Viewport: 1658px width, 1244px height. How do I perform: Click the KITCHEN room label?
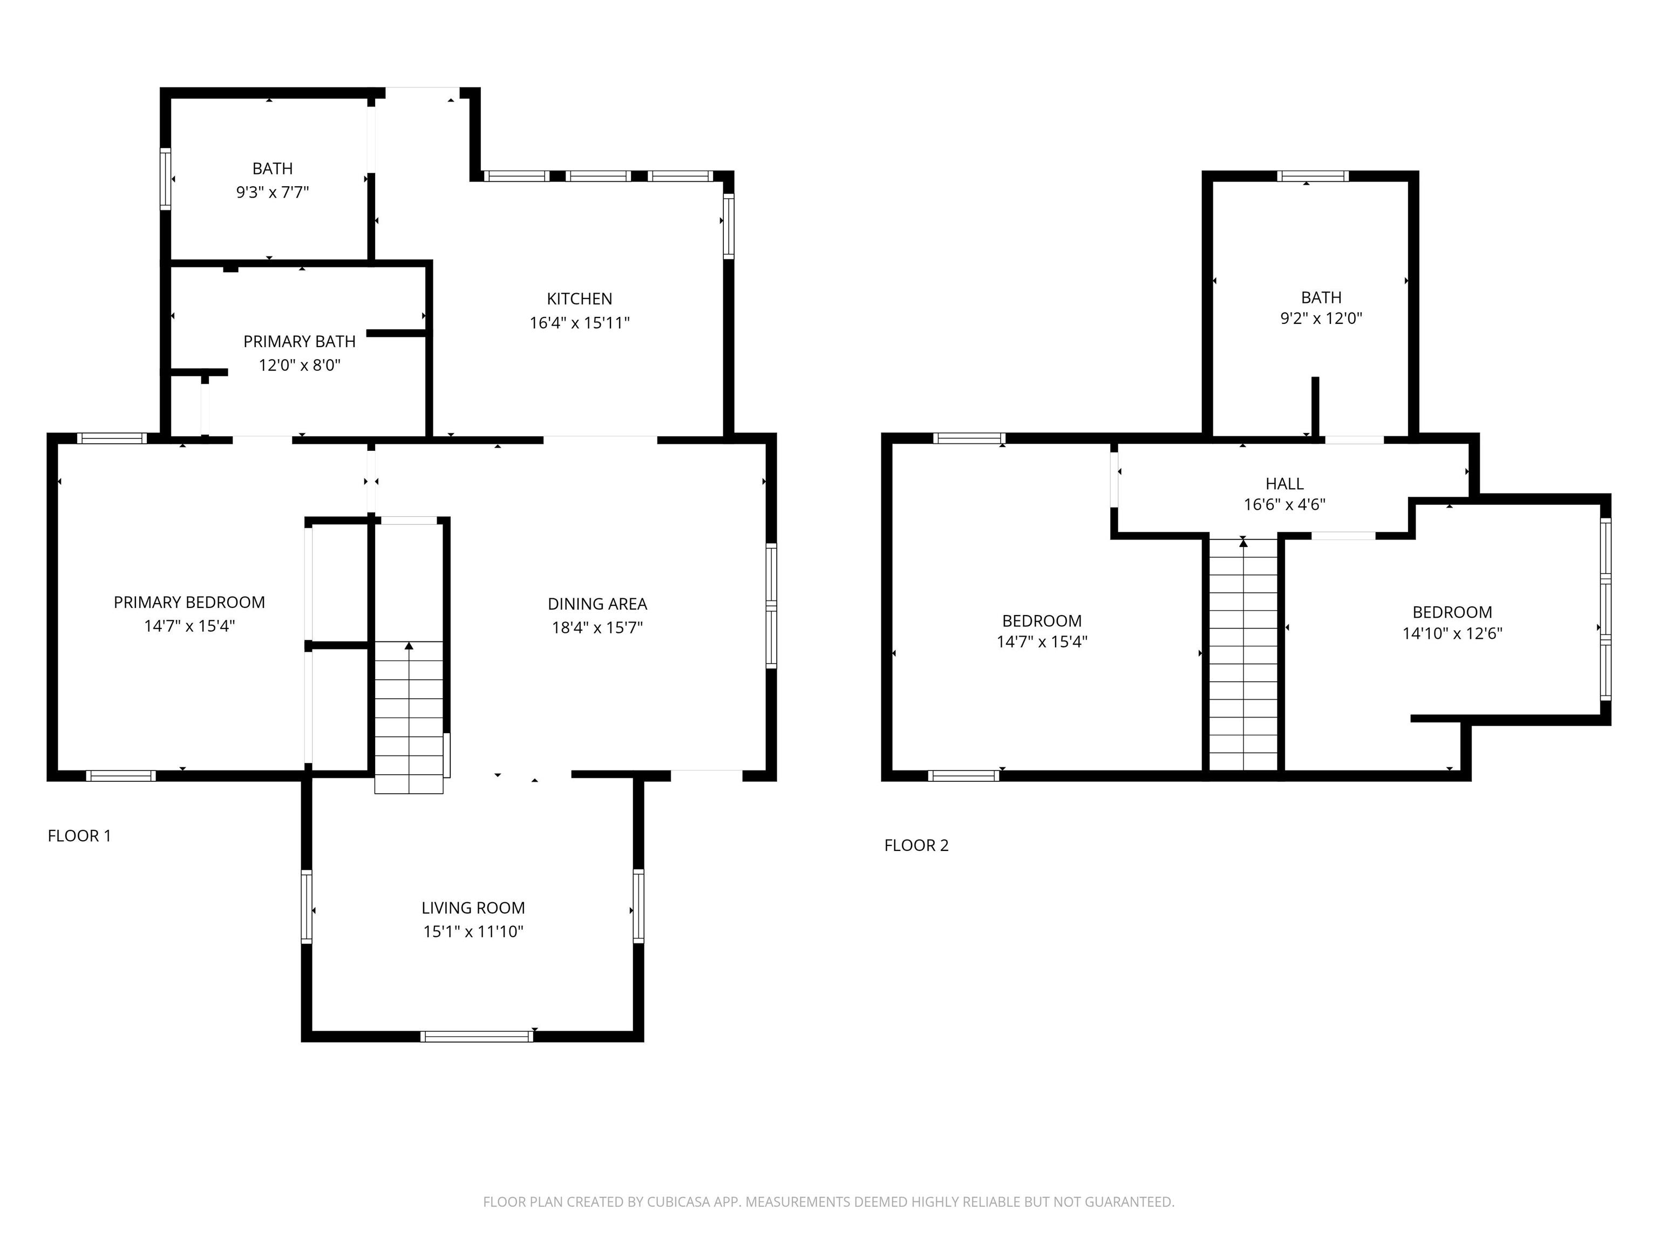(580, 299)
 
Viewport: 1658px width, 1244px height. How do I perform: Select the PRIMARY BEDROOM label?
(189, 602)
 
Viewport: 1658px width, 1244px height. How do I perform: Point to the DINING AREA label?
(597, 604)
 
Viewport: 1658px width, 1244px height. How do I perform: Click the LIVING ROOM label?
(473, 908)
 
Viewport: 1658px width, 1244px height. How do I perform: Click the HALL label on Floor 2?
(1285, 484)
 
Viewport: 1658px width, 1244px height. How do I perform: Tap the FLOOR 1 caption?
(79, 835)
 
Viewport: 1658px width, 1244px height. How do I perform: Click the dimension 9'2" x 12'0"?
(1321, 318)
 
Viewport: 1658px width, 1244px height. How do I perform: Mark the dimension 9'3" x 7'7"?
(272, 193)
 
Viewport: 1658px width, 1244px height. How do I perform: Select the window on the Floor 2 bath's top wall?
(1313, 176)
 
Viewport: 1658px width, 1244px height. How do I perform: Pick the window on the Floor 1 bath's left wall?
(166, 179)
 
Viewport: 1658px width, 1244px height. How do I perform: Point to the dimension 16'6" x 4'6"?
(1285, 505)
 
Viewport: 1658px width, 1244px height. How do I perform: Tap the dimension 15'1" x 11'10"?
(473, 932)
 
